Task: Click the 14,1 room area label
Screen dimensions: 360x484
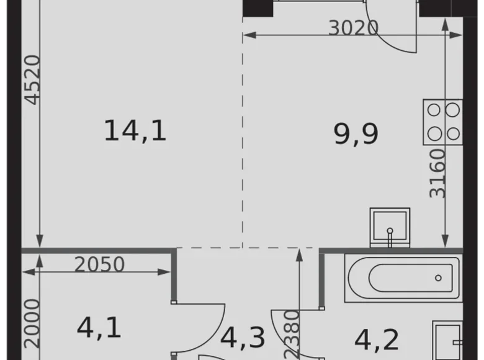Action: [135, 131]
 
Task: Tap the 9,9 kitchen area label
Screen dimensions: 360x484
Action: [356, 133]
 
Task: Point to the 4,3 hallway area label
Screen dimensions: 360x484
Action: [243, 338]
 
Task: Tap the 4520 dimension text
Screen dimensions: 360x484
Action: [32, 79]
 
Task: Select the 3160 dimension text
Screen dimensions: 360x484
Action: [438, 173]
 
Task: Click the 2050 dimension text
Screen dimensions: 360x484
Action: [99, 265]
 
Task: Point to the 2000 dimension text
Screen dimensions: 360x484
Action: [32, 323]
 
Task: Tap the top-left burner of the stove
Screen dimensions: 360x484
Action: [434, 110]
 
